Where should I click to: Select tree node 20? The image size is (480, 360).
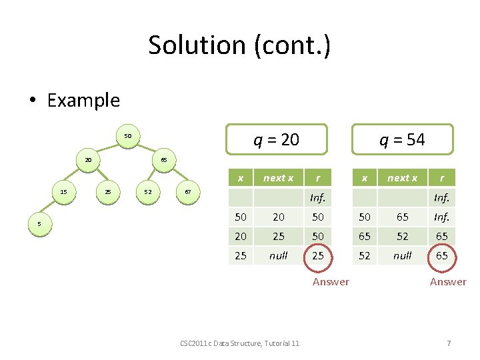pos(88,160)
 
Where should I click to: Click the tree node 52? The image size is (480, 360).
pos(148,192)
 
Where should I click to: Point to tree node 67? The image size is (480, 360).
pos(188,192)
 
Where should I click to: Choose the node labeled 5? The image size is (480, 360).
pos(39,225)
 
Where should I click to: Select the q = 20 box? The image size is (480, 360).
pos(277,139)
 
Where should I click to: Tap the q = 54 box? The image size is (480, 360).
pos(402,139)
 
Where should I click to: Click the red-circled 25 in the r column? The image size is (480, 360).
pos(318,255)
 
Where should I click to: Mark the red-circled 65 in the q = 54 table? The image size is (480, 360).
pos(441,255)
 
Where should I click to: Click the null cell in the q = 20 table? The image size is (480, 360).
pos(278,255)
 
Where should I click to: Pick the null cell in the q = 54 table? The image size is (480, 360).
pos(402,255)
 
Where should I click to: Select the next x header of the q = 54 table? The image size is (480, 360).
pos(402,177)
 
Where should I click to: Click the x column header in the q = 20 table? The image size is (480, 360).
pos(240,177)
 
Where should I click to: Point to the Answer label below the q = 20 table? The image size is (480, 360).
pos(331,282)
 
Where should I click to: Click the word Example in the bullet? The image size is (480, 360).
pos(83,101)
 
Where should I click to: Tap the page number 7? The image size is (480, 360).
pos(449,343)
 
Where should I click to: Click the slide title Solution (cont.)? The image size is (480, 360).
pos(239,45)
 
